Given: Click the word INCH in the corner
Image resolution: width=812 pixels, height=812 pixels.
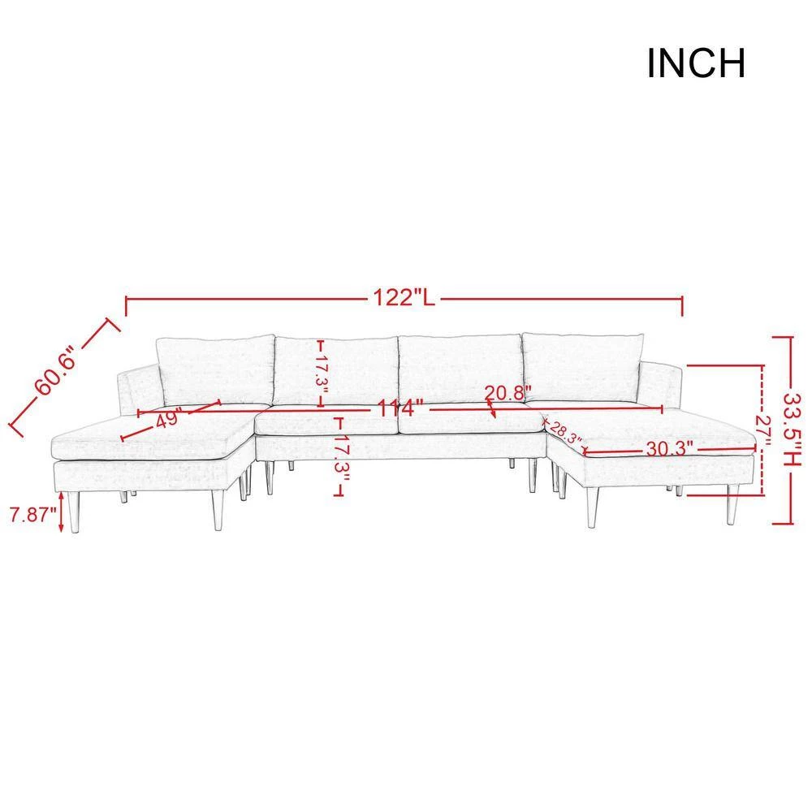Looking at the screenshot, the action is (696, 63).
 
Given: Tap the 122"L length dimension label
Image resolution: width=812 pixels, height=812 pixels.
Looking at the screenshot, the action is (404, 298).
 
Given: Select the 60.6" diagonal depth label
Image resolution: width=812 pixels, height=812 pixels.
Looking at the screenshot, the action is (54, 371).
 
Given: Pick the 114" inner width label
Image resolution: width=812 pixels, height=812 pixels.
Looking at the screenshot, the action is (401, 408).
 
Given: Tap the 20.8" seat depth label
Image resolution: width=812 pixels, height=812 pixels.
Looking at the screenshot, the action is (508, 392).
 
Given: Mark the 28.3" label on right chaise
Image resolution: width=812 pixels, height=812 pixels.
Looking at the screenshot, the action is (565, 432).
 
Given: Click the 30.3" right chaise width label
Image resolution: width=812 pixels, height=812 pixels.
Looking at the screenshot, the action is (669, 448).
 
